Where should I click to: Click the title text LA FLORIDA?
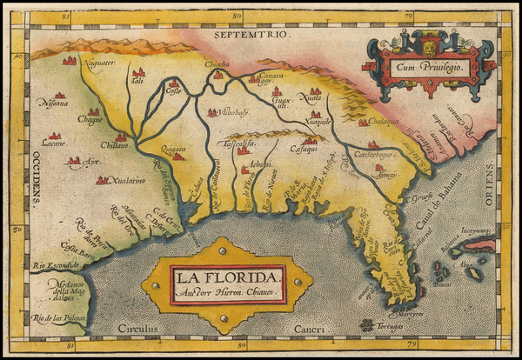[227, 277]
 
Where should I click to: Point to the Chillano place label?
[116, 147]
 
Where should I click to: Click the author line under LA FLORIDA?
[227, 294]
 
